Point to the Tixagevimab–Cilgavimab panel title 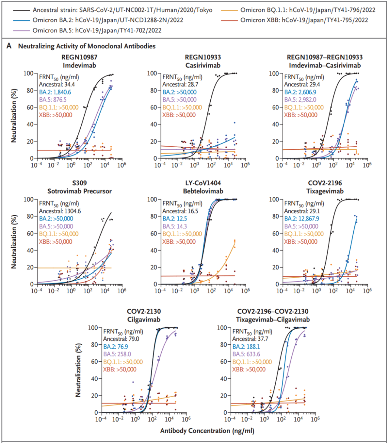click(x=273, y=319)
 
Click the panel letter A click(x=9, y=47)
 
